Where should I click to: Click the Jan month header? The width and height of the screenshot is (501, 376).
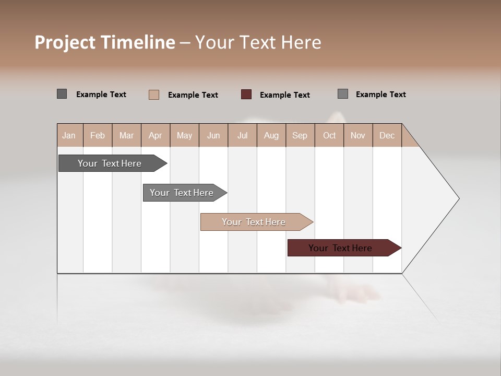[x=69, y=135]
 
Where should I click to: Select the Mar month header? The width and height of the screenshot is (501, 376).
[x=126, y=135]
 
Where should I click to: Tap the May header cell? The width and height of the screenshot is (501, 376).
[x=184, y=135]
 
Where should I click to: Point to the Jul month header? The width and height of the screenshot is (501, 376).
[x=242, y=135]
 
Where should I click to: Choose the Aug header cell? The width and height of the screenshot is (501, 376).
[x=271, y=135]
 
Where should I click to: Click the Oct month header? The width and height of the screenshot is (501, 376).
[x=329, y=135]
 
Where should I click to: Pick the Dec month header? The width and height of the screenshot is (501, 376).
[x=387, y=135]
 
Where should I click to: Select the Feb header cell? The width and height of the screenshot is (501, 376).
[x=98, y=135]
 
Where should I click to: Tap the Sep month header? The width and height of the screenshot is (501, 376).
[x=300, y=135]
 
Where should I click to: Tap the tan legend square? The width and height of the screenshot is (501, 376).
[x=154, y=95]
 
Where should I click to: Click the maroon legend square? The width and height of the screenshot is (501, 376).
[x=246, y=95]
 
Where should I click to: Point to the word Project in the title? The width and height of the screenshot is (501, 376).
[x=65, y=42]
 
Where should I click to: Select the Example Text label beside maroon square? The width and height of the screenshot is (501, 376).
[x=285, y=95]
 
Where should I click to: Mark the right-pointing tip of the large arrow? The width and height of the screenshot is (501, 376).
[x=458, y=198]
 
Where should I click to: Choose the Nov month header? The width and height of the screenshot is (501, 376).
[x=358, y=135]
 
